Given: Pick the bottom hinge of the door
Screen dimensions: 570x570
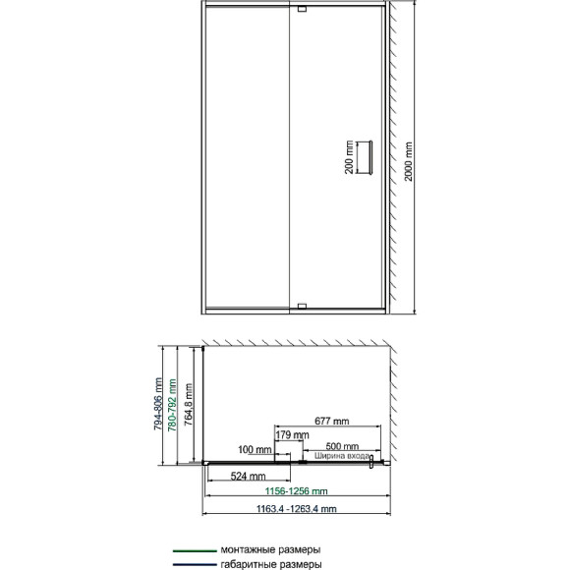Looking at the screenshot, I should pyautogui.click(x=302, y=307).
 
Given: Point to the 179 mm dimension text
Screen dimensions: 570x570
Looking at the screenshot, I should pyautogui.click(x=287, y=433).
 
